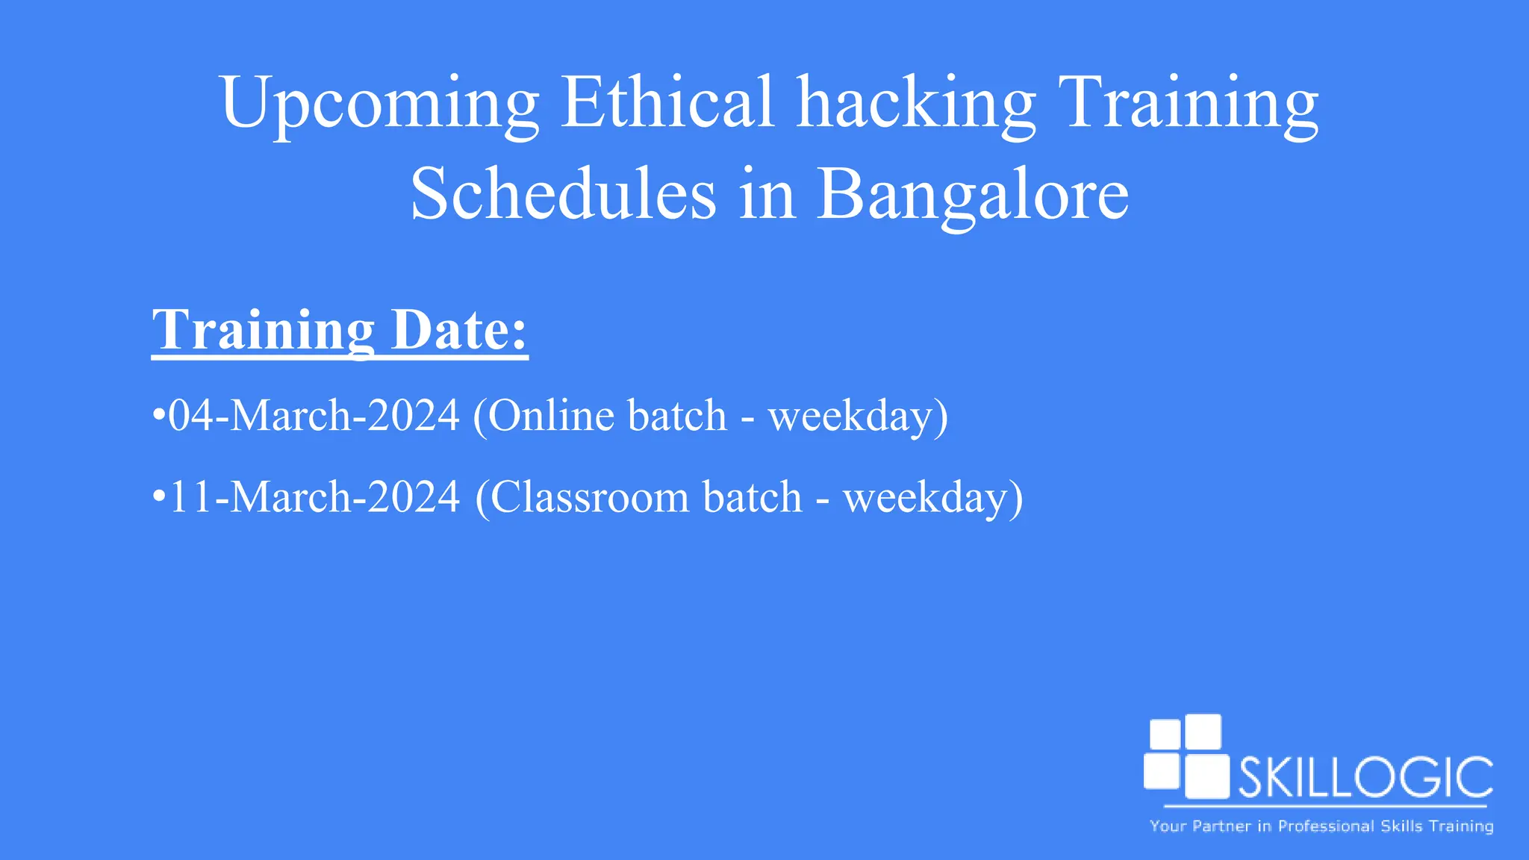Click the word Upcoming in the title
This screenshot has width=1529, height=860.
click(379, 105)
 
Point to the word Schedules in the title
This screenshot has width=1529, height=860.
click(563, 194)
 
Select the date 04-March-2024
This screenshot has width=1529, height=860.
click(314, 415)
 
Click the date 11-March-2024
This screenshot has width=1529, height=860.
click(314, 497)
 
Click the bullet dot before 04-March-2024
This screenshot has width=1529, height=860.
click(158, 415)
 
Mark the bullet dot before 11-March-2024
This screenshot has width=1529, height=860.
click(158, 497)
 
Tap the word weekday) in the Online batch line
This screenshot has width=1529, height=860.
click(858, 417)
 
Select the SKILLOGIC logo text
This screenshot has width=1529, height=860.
click(1365, 778)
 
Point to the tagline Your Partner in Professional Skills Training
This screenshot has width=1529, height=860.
click(1321, 826)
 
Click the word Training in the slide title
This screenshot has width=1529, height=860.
click(1188, 105)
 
